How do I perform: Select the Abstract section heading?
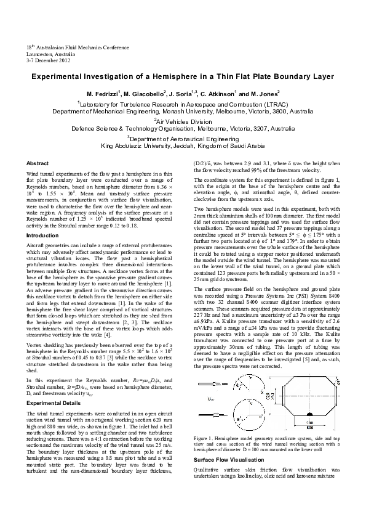(37, 163)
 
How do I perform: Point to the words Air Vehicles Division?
(183, 121)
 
